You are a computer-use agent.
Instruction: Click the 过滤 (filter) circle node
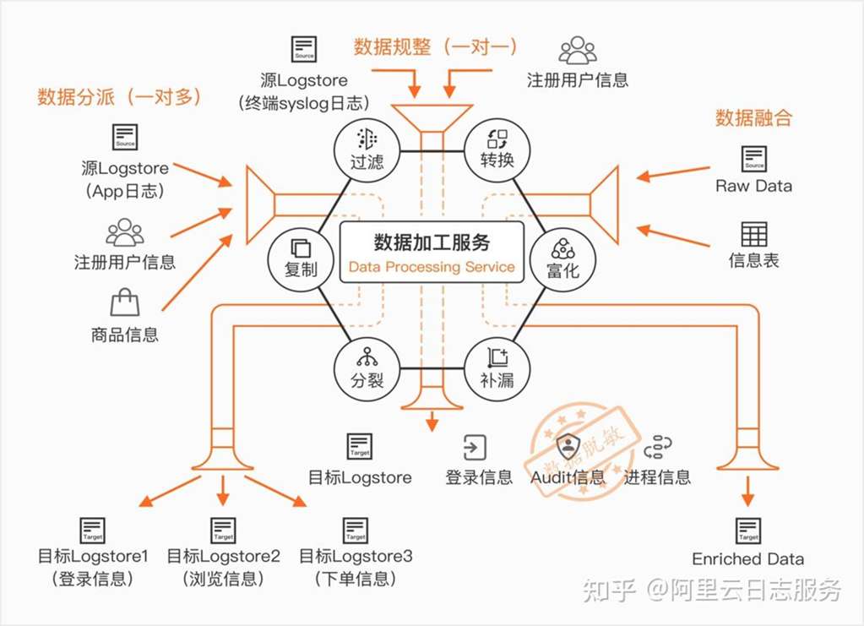367,148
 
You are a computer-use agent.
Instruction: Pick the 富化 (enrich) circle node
562,258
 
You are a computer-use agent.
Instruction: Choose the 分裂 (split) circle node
367,368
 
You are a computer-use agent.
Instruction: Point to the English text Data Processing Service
432,267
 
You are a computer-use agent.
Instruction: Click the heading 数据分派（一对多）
119,97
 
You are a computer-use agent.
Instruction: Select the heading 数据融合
753,117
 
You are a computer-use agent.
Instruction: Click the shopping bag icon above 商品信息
124,303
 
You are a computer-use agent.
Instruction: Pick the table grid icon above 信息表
753,234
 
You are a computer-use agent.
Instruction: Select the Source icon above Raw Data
753,158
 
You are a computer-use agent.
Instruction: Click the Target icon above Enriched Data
748,531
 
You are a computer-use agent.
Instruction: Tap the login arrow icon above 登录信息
475,447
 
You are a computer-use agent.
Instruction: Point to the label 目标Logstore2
223,557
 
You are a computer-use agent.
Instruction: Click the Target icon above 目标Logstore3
356,531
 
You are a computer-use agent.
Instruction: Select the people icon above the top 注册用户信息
578,50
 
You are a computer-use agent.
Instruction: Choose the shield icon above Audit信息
568,446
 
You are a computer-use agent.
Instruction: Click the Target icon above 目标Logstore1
93,531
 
